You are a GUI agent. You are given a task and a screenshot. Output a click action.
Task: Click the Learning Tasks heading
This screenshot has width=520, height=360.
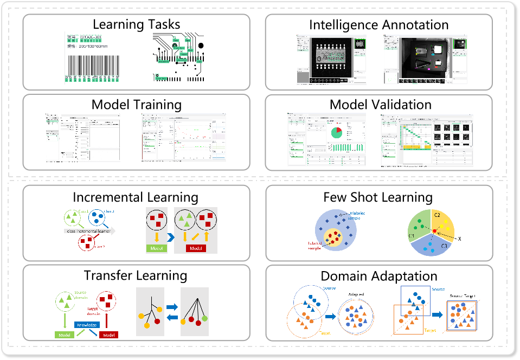(136, 24)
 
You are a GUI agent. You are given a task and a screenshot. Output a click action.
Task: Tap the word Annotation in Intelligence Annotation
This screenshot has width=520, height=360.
(415, 24)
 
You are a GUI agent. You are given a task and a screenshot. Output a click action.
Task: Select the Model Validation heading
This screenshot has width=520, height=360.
(380, 104)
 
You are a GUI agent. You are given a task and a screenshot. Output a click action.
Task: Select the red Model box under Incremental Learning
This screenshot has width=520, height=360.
(196, 248)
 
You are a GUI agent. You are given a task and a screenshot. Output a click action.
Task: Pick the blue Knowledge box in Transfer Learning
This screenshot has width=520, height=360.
(87, 325)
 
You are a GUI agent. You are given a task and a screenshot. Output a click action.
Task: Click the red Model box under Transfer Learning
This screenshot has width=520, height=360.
(108, 334)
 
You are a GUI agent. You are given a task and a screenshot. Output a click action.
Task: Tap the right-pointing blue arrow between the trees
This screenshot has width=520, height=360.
(172, 307)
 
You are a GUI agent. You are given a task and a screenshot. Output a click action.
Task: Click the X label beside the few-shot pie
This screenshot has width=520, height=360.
(459, 239)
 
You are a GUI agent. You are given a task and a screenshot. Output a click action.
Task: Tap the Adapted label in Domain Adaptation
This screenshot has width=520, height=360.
(358, 295)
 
